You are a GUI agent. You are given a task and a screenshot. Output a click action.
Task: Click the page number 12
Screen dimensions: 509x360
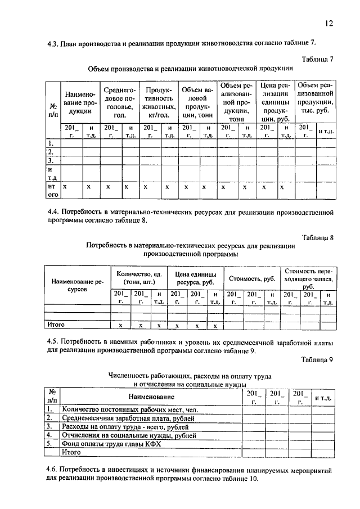(x=329, y=23)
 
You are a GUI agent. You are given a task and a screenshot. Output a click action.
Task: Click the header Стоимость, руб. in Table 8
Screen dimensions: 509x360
(x=251, y=278)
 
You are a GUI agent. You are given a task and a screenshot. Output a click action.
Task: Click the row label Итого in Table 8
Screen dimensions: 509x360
(x=56, y=325)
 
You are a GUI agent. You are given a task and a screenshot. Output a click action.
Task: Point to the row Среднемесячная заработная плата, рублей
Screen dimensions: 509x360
(x=129, y=418)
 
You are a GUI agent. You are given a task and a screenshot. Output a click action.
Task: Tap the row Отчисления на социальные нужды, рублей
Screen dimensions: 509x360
(x=129, y=435)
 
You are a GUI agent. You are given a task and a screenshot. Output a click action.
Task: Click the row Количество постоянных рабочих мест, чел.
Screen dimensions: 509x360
(x=129, y=410)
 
